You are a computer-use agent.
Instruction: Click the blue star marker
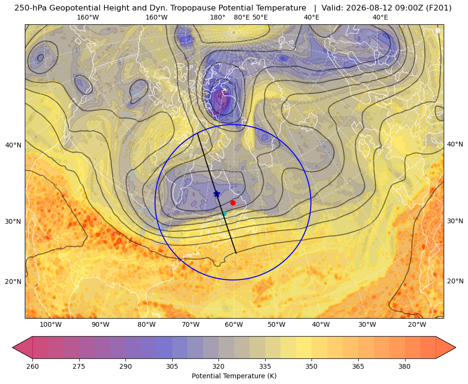pyautogui.click(x=217, y=194)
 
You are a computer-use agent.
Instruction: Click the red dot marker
pyautogui.click(x=233, y=203)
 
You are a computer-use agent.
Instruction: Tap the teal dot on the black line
pyautogui.click(x=224, y=213)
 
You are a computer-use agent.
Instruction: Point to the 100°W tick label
pyautogui.click(x=51, y=325)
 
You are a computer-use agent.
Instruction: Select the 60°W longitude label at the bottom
pyautogui.click(x=234, y=325)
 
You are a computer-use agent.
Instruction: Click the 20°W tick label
pyautogui.click(x=417, y=325)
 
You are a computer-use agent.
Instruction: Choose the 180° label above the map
pyautogui.click(x=218, y=17)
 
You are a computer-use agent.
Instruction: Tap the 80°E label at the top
pyautogui.click(x=242, y=17)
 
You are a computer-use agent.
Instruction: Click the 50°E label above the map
pyautogui.click(x=260, y=17)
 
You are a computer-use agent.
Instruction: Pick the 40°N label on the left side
pyautogui.click(x=13, y=145)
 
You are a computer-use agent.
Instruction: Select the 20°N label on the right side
pyautogui.click(x=455, y=281)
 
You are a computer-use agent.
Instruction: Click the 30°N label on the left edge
pyautogui.click(x=13, y=221)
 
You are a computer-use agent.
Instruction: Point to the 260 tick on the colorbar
pyautogui.click(x=32, y=366)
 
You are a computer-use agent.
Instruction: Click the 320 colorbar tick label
pyautogui.click(x=218, y=366)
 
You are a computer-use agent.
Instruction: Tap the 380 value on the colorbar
pyautogui.click(x=405, y=366)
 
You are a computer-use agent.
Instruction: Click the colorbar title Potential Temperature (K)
pyautogui.click(x=234, y=376)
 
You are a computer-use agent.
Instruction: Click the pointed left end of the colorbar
pyautogui.click(x=13, y=347)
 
